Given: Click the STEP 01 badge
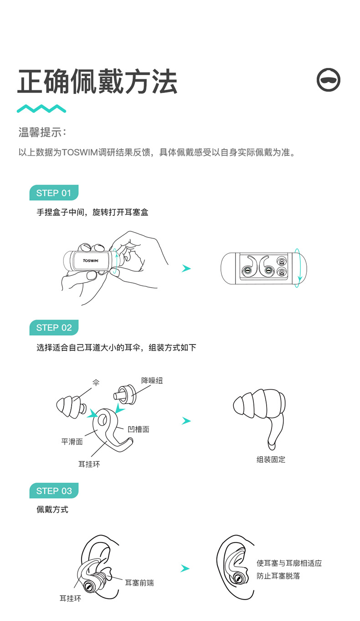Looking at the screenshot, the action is pos(54,193).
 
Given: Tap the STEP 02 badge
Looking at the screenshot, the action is pos(54,328).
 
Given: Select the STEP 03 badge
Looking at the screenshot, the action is pos(54,491).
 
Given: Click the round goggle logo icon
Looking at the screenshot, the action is pos(329,80).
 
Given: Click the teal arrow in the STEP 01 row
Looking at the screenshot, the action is pos(186,269).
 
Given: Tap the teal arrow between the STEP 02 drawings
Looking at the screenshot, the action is pos(186,421).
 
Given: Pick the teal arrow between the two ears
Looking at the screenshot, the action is pos(185,569).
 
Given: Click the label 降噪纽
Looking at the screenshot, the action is pos(152,380).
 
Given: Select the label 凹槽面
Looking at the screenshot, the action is pos(139,429).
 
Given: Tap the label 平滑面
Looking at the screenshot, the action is pos(72,441).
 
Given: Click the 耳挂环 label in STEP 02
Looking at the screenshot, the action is pos(89,464).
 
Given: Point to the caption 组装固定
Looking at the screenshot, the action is pos(271,460).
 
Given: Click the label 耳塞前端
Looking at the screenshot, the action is pos(139,582).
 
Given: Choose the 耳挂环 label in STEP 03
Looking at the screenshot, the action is pos(70,598).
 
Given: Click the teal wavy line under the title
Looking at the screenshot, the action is pos(41,109).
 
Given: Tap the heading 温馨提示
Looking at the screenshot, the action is pos(42,133).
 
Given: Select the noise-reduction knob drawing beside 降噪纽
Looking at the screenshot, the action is pos(124,393).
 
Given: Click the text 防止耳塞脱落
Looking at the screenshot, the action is pos(278,576).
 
